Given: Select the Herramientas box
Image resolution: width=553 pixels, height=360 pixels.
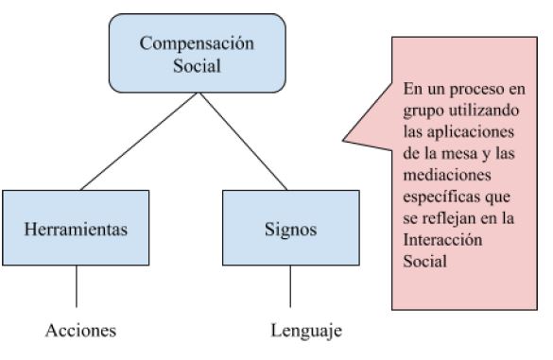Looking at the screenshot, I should pyautogui.click(x=76, y=228).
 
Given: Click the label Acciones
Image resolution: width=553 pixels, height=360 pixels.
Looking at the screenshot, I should pyautogui.click(x=80, y=331).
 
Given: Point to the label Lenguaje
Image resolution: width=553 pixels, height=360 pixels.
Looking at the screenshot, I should pyautogui.click(x=305, y=331).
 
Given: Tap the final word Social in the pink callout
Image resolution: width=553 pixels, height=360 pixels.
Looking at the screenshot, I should pyautogui.click(x=423, y=262).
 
